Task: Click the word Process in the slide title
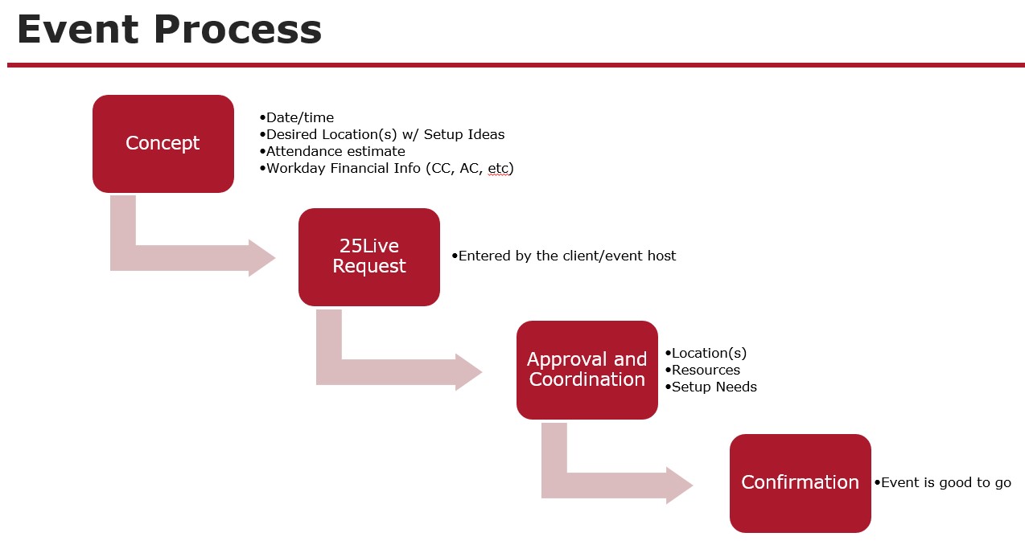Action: coord(238,30)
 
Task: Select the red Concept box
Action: coord(163,143)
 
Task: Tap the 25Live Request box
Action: coord(368,256)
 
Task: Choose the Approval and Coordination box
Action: coord(587,370)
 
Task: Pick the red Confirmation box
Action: coord(800,482)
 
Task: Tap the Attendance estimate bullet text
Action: coord(335,151)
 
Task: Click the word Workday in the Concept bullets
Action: coord(295,168)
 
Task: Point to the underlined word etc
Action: coord(498,168)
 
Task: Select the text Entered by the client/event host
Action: coord(566,256)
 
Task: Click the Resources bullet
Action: coord(706,370)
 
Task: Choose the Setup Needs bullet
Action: coord(714,387)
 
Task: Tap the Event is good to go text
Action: coord(945,482)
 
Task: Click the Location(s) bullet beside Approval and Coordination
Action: coord(709,353)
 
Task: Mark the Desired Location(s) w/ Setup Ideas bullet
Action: coord(385,134)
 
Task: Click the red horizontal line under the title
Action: coord(515,65)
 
